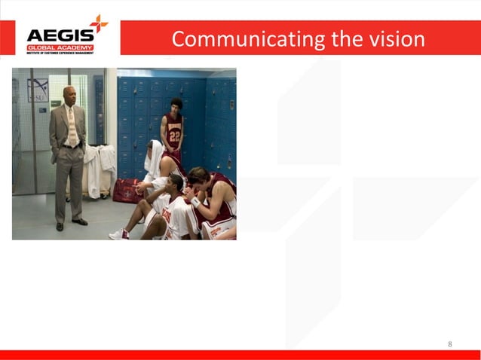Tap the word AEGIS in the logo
pos(60,35)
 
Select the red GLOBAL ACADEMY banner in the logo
pos(60,47)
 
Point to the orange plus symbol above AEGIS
pos(98,22)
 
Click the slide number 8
pos(450,344)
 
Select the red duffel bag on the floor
pos(127,190)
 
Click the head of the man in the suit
pos(69,96)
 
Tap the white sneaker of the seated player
pos(119,234)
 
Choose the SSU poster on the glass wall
pos(38,90)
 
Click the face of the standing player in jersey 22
pos(176,105)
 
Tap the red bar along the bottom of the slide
pos(240,355)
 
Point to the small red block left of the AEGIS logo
pos(7,38)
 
